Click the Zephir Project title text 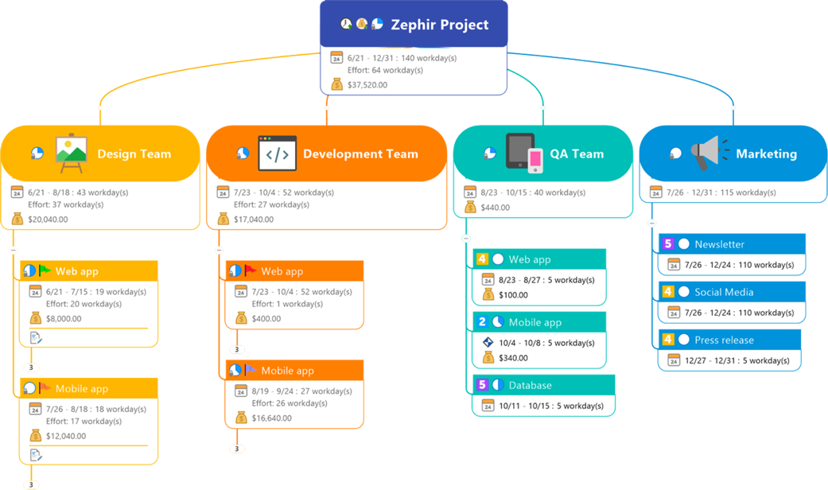(x=439, y=25)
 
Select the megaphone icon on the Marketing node (x=704, y=153)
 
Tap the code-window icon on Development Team (x=277, y=154)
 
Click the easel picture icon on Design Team (x=71, y=154)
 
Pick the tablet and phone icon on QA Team (x=524, y=153)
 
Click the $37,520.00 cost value (x=367, y=84)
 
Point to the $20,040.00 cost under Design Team (x=48, y=219)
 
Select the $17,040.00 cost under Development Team (x=254, y=219)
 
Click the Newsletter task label (x=719, y=244)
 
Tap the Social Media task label (x=723, y=292)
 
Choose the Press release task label (x=724, y=340)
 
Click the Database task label (x=530, y=385)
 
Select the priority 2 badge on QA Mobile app (x=482, y=322)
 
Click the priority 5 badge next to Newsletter (x=668, y=244)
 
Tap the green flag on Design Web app (x=45, y=271)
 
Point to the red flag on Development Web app (x=251, y=271)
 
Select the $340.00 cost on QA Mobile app (x=513, y=358)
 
